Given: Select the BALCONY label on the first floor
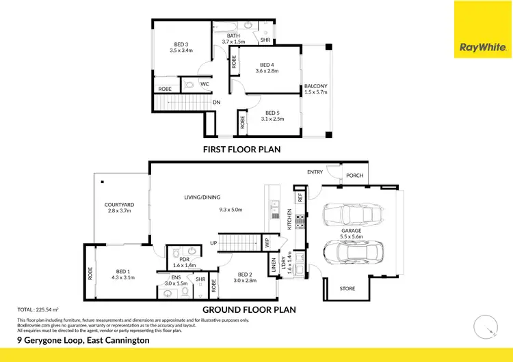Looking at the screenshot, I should [316, 86].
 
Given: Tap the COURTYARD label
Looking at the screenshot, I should [118, 204].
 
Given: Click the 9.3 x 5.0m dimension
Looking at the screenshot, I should [231, 210].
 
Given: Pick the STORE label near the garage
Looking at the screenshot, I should [347, 289].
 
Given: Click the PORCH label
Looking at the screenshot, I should [354, 176].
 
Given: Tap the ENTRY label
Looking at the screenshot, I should [315, 172].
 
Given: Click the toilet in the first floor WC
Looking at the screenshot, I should [189, 85].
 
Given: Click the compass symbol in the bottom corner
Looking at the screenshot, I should [484, 326].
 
